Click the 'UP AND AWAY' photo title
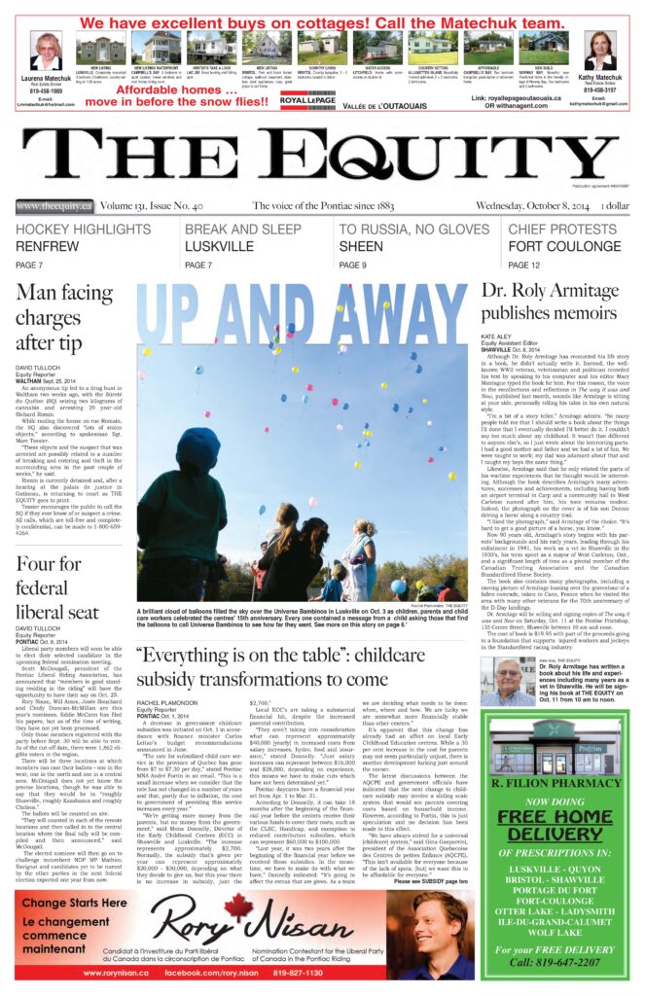303,303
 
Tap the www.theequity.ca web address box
54,206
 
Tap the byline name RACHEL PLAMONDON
170,704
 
